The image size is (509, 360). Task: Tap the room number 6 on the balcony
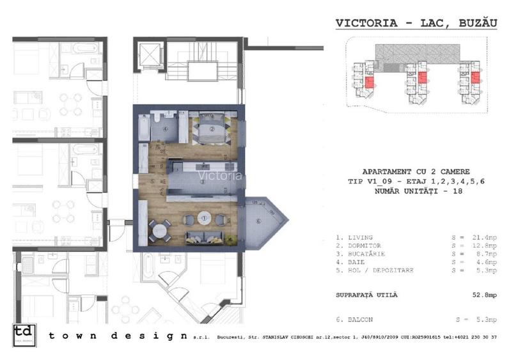click(258, 221)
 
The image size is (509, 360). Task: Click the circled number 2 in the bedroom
click(212, 127)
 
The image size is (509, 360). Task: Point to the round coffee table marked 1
click(205, 218)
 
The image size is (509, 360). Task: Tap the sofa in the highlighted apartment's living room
click(206, 237)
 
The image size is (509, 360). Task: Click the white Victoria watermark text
click(220, 175)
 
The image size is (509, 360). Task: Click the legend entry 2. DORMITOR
click(359, 246)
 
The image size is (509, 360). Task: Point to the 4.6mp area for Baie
click(477, 262)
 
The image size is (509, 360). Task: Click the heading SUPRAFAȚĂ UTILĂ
click(366, 295)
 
